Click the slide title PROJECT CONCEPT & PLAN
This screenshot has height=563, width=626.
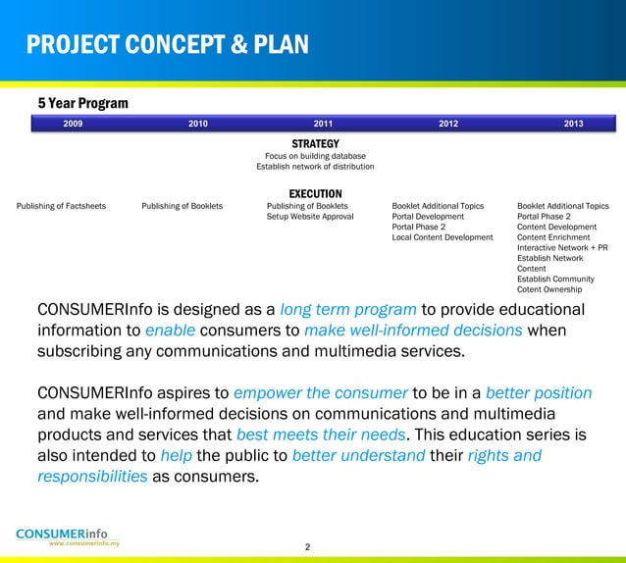point(167,45)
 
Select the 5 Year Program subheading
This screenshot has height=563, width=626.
point(82,103)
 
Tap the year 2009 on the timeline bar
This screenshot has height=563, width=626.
point(73,124)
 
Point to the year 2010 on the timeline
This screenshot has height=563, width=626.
point(198,124)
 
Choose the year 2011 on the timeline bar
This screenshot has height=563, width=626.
point(323,124)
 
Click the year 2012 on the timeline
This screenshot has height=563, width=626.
point(448,124)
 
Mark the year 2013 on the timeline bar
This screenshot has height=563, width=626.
point(574,124)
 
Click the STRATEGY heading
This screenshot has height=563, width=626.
point(315,143)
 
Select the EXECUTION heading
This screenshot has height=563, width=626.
point(315,193)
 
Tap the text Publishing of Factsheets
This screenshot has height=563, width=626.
point(62,206)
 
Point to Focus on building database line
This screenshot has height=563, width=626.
point(315,155)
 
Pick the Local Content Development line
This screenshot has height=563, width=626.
point(443,237)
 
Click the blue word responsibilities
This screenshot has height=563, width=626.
point(92,477)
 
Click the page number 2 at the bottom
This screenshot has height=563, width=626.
point(307,546)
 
